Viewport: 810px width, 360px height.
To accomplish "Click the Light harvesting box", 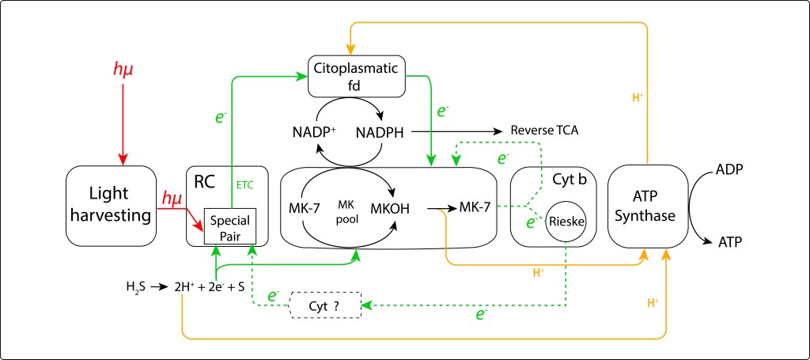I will [x=109, y=207].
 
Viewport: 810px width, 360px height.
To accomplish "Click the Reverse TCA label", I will [x=545, y=131].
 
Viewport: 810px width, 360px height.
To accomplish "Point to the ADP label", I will [x=729, y=169].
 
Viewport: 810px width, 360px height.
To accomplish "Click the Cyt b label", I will [x=570, y=180].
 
